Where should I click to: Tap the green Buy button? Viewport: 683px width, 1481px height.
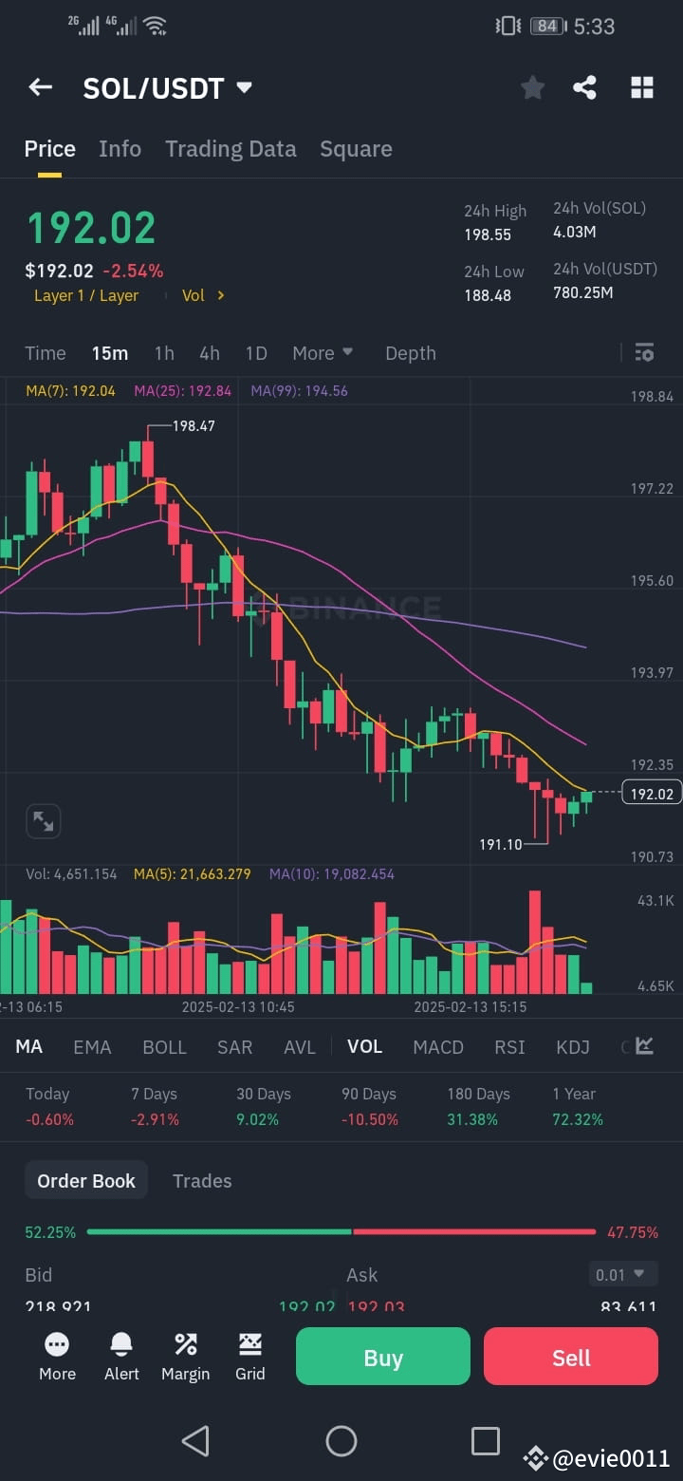pyautogui.click(x=382, y=1357)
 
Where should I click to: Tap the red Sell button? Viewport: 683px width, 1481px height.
pyautogui.click(x=570, y=1357)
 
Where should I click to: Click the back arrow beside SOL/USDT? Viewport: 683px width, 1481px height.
pyautogui.click(x=40, y=87)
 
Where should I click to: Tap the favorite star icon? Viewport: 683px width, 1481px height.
pyautogui.click(x=533, y=88)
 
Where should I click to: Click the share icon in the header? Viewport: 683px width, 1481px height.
pyautogui.click(x=585, y=88)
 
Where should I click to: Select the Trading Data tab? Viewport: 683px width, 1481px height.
pyautogui.click(x=231, y=149)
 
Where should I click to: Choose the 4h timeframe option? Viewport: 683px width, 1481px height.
pyautogui.click(x=210, y=353)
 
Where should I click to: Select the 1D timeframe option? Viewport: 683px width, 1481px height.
pyautogui.click(x=256, y=353)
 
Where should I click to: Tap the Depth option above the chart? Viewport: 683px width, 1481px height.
pyautogui.click(x=410, y=353)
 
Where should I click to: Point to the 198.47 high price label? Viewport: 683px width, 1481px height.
pyautogui.click(x=194, y=426)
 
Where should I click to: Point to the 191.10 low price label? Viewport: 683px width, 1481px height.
pyautogui.click(x=501, y=844)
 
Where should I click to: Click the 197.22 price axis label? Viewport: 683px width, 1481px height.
pyautogui.click(x=652, y=488)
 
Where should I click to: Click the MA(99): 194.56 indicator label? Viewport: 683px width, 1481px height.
pyautogui.click(x=299, y=390)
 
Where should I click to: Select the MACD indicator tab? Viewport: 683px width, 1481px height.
pyautogui.click(x=438, y=1046)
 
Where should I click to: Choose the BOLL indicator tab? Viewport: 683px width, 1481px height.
pyautogui.click(x=164, y=1046)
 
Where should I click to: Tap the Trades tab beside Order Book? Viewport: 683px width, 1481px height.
pyautogui.click(x=202, y=1181)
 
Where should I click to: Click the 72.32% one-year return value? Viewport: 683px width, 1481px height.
pyautogui.click(x=578, y=1119)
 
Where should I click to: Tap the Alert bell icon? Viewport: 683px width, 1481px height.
pyautogui.click(x=121, y=1356)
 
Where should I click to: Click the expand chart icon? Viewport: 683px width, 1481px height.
pyautogui.click(x=44, y=821)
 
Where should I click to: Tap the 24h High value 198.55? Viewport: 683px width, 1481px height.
pyautogui.click(x=488, y=234)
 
